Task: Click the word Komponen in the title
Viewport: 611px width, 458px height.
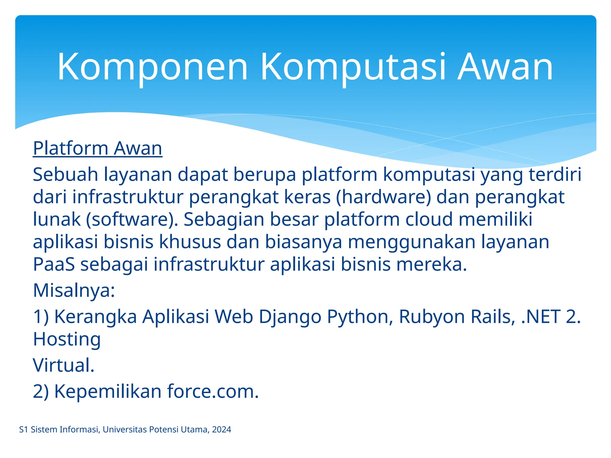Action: coord(152,67)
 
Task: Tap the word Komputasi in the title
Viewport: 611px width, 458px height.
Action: coord(353,67)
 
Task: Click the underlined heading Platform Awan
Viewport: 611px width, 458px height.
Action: coord(98,148)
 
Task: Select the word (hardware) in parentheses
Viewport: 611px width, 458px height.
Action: coord(383,197)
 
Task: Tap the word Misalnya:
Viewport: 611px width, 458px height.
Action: coord(74,290)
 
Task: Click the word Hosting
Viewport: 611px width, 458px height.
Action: coord(67,339)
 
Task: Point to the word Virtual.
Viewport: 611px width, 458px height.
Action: coord(64,365)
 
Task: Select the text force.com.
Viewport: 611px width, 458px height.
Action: coord(213,391)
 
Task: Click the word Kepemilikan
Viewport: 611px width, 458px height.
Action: coord(108,391)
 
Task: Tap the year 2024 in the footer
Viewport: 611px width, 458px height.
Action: coord(222,430)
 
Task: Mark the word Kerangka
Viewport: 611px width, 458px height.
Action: coord(95,316)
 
